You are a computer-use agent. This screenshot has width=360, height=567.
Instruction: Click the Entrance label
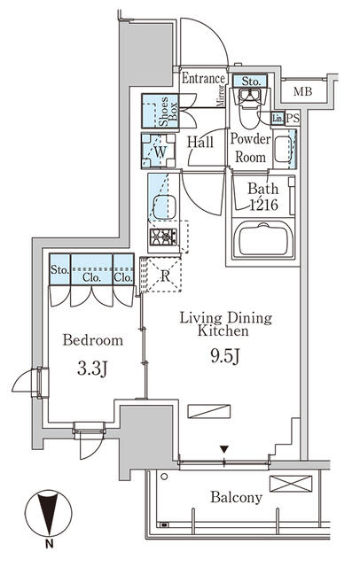[x=203, y=78]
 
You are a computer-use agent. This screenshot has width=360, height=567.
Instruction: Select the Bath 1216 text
[x=262, y=195]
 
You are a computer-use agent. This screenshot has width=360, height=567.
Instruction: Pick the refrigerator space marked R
[x=164, y=275]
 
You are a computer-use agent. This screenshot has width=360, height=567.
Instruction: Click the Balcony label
[x=236, y=498]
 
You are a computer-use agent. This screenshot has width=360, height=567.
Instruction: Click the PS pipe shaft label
[x=293, y=118]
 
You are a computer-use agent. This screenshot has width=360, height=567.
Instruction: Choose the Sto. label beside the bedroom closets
[x=60, y=270]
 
